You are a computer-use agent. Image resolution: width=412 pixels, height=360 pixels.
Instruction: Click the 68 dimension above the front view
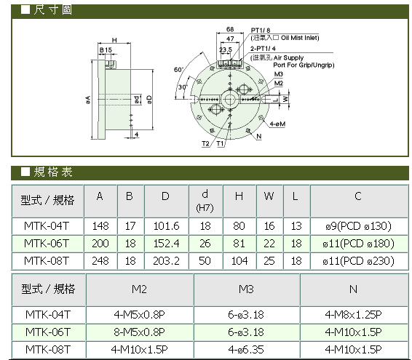230,29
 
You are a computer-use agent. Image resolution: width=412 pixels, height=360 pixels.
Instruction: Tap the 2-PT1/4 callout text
263,49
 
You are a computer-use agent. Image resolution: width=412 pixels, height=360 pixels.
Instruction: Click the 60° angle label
178,70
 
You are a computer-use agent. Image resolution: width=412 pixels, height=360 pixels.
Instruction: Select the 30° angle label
183,87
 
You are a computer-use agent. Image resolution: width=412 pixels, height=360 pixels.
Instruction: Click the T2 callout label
205,143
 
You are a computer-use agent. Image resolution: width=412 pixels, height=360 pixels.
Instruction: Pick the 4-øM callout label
277,124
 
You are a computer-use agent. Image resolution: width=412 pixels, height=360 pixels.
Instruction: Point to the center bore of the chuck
230,99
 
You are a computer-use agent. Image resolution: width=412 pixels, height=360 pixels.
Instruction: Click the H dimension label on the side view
114,40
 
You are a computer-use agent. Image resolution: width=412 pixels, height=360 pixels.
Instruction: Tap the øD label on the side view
149,99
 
